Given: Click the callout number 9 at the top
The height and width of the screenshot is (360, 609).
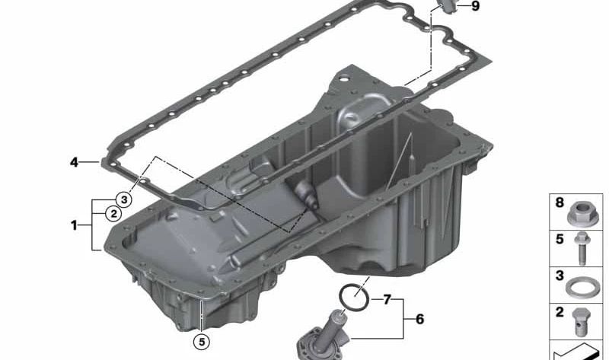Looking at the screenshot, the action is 475,6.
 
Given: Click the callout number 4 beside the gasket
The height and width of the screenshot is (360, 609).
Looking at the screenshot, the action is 74,162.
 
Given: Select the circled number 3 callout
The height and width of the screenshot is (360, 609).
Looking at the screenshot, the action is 124,199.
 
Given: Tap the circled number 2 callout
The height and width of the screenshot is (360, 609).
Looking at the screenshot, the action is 113,213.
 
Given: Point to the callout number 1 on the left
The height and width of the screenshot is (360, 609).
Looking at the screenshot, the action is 74,225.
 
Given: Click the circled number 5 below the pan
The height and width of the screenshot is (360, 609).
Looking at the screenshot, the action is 202,342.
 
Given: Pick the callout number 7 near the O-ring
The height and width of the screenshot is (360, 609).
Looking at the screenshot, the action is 387,299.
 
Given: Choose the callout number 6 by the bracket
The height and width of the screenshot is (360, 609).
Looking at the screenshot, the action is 419,319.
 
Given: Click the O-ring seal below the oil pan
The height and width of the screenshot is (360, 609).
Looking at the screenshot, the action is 353,297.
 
